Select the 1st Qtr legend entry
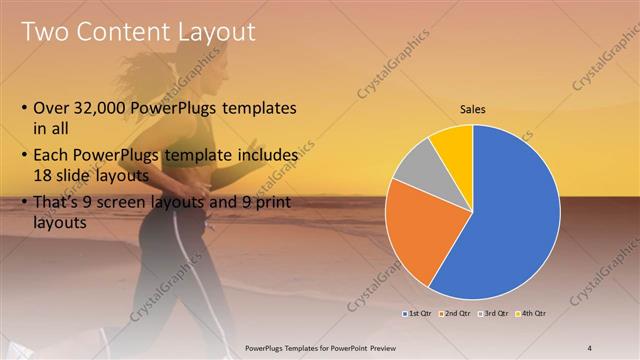coord(418,313)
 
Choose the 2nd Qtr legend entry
coord(456,313)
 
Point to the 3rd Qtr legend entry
coord(494,313)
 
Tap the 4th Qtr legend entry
coord(531,313)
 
